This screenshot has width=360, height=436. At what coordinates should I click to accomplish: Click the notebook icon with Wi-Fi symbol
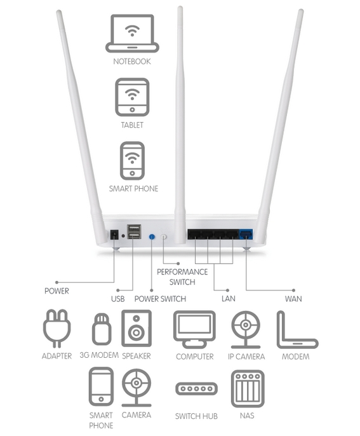pyautogui.click(x=132, y=33)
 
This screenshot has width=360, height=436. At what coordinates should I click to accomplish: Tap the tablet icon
pyautogui.click(x=132, y=97)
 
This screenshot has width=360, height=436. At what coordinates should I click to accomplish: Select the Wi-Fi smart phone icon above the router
pyautogui.click(x=132, y=161)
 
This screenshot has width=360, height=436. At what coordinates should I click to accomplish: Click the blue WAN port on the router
pyautogui.click(x=246, y=234)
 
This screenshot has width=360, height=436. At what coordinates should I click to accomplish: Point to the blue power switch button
pyautogui.click(x=152, y=237)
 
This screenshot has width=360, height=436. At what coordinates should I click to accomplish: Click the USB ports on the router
pyautogui.click(x=134, y=231)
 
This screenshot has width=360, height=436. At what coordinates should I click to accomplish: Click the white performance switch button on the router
pyautogui.click(x=164, y=237)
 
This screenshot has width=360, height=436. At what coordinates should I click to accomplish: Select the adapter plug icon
pyautogui.click(x=57, y=329)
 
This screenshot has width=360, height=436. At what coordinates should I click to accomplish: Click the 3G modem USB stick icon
pyautogui.click(x=102, y=329)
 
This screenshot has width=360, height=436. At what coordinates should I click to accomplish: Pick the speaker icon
pyautogui.click(x=137, y=329)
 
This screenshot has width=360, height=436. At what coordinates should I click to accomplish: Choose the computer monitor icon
pyautogui.click(x=194, y=329)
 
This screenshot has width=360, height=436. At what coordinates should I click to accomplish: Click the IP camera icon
pyautogui.click(x=246, y=329)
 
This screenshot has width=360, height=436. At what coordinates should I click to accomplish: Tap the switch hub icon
pyautogui.click(x=196, y=388)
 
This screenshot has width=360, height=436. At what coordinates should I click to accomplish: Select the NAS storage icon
pyautogui.click(x=248, y=389)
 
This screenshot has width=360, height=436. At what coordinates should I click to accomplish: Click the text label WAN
pyautogui.click(x=293, y=299)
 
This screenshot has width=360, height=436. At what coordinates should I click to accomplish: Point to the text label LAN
pyautogui.click(x=229, y=299)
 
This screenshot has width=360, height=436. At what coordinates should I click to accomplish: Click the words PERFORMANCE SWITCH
pyautogui.click(x=182, y=277)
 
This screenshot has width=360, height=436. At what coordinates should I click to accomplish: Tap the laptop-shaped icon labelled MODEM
pyautogui.click(x=297, y=329)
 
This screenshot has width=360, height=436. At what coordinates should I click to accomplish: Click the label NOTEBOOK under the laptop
pyautogui.click(x=132, y=62)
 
